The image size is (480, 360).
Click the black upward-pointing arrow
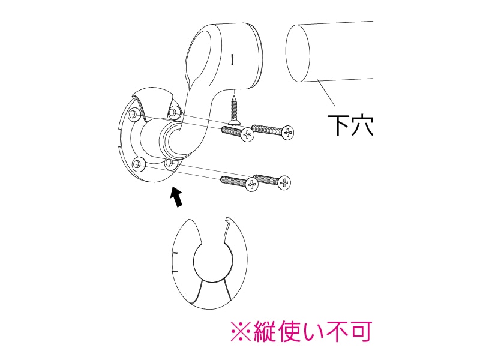(x=176, y=197)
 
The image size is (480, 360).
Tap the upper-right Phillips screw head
(x=287, y=133)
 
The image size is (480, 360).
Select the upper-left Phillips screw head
(x=247, y=134)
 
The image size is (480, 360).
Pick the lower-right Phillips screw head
(x=284, y=183)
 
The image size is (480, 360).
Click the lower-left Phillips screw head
(x=251, y=184)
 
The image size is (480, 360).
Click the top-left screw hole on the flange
(x=133, y=115)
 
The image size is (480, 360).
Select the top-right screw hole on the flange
(x=174, y=112)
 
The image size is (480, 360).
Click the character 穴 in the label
(x=362, y=125)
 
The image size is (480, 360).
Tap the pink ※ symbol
(x=241, y=331)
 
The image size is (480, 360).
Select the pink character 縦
(x=264, y=331)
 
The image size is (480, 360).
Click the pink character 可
(x=361, y=331)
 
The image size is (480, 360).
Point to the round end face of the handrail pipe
(x=298, y=53)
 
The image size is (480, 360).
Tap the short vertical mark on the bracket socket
(x=233, y=59)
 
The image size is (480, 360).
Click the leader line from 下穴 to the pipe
(x=326, y=93)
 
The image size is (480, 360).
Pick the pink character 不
(x=338, y=331)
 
